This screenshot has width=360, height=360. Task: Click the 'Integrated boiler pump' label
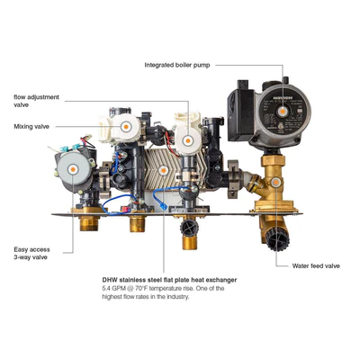click(177, 65)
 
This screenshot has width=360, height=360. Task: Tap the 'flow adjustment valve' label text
click(36, 101)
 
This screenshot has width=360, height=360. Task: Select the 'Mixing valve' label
click(31, 126)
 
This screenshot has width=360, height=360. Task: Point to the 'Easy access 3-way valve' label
click(31, 253)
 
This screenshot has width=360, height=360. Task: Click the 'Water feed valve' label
click(316, 265)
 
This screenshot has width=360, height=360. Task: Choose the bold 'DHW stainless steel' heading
click(169, 280)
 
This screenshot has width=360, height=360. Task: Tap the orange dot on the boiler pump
click(282, 112)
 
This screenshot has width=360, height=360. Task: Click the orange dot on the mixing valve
click(126, 127)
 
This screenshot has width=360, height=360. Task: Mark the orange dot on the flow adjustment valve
click(188, 140)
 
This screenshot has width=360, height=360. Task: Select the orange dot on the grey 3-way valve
click(73, 169)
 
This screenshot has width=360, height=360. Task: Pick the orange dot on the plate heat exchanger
click(163, 170)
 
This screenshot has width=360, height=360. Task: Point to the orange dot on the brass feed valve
click(275, 182)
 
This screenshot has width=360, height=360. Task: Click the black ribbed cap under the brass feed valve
click(278, 239)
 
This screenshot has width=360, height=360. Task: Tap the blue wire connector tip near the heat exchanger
click(164, 206)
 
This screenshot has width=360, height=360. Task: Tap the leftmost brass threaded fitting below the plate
click(89, 223)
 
